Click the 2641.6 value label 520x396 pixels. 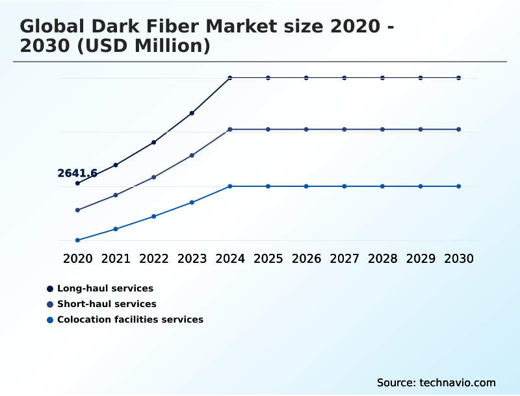pos(77,173)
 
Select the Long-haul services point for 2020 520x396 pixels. pos(77,183)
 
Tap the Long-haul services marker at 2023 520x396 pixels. pos(192,113)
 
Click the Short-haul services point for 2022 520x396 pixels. pos(154,177)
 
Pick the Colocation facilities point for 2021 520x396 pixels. pos(116,229)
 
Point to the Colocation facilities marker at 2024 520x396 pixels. pos(230,186)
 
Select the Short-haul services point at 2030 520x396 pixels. pos(459,130)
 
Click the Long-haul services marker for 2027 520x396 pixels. pos(344,78)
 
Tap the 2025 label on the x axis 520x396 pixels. pos(268,258)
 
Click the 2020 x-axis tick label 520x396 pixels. pos(77,258)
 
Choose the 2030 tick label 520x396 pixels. pos(459,258)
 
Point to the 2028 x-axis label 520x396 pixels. pos(382,258)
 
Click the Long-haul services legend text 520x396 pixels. pos(105,288)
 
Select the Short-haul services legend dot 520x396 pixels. pos(50,304)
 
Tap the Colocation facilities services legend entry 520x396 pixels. pos(130,319)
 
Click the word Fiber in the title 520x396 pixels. pos(168,27)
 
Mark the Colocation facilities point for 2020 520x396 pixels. pos(77,240)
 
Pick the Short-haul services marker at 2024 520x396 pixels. pos(230,130)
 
